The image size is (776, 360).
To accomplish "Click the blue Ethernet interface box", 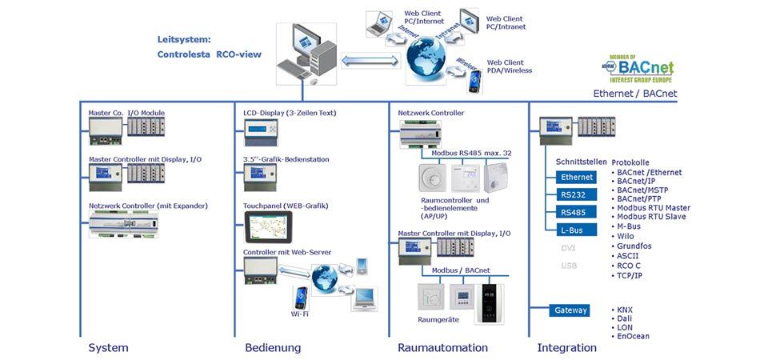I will click(578, 177).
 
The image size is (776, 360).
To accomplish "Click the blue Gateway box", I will click(571, 310).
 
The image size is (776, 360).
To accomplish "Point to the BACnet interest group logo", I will click(638, 69).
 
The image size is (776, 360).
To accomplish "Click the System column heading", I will click(108, 347).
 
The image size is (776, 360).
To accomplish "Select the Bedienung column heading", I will click(273, 347).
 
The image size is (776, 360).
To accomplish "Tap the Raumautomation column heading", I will click(442, 347).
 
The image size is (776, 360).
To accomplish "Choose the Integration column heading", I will click(566, 347).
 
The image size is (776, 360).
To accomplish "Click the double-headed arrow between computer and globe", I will click(370, 60).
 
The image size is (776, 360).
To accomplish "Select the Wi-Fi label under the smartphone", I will click(300, 314).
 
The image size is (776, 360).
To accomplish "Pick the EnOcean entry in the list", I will click(634, 336).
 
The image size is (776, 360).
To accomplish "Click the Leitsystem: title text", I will click(183, 38).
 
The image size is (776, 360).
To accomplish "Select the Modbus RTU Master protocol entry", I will click(654, 208).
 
